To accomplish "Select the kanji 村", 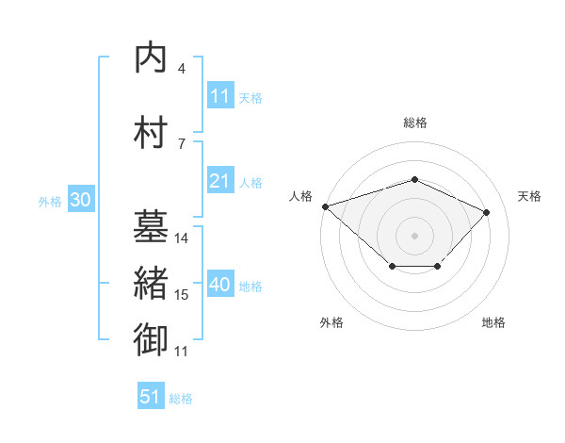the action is point(151,132).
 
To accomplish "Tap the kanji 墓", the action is point(151,226).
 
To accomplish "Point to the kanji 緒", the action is point(151,283).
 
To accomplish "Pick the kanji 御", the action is point(151,339).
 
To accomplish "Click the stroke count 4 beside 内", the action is point(182,69).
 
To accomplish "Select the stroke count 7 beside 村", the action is point(182,144).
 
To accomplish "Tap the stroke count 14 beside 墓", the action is point(181,238).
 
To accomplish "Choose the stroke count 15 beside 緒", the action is point(181,295).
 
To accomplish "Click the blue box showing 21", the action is point(220,179).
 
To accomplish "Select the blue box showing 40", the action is point(220,283).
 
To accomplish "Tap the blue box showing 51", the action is point(151,395).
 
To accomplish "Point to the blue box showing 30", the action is point(81,199).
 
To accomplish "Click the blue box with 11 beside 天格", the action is point(220,94).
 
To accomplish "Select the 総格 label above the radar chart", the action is point(415,123).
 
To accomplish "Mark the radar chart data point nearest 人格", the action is point(326,206).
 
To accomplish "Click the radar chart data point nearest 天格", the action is point(486,212).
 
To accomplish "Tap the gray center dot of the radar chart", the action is point(414,236).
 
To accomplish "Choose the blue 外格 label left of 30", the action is point(50,202).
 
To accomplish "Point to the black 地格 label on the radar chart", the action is point(493,322).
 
